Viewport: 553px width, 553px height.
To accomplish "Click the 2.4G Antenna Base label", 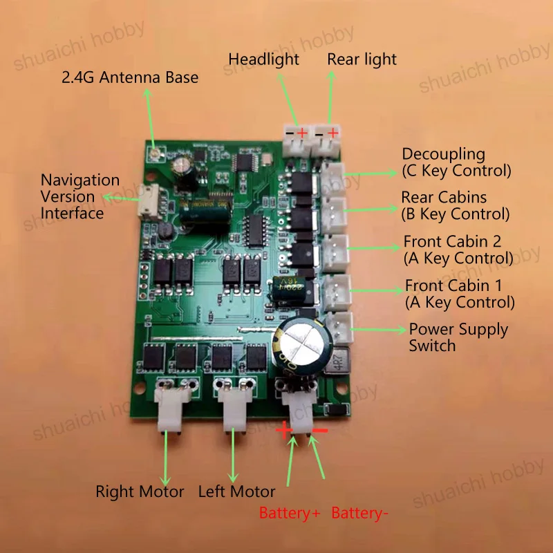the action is tap(130, 77).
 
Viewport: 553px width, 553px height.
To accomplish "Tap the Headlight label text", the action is tap(263, 59).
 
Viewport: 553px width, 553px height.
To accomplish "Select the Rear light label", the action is tap(362, 59).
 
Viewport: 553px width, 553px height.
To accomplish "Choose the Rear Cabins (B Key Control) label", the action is tap(455, 206).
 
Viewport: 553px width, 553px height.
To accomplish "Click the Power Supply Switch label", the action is tap(458, 337).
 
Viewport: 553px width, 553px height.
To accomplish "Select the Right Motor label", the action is tap(140, 492).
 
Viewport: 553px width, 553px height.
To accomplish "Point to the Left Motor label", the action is tap(236, 492).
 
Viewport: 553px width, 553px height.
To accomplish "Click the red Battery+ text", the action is tap(290, 514).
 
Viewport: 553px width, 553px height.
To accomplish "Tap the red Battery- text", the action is tap(357, 514).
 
